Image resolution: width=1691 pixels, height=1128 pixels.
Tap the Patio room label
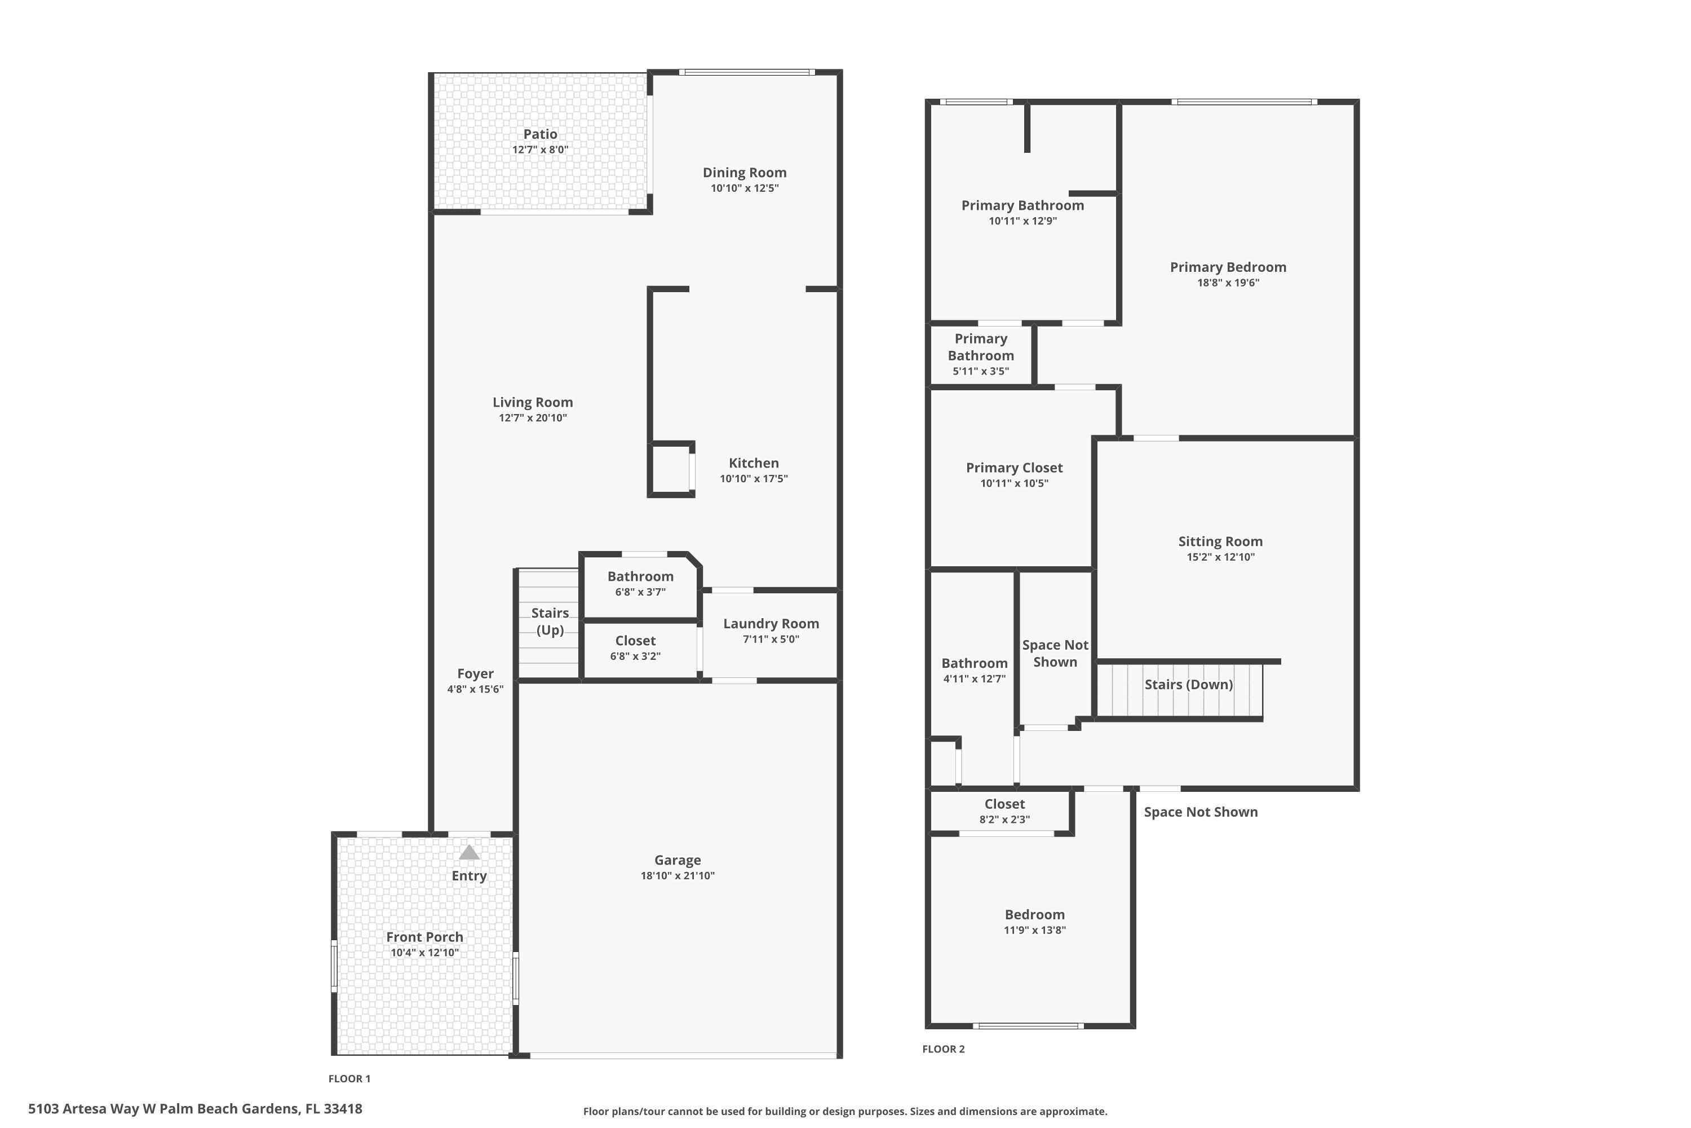click(540, 134)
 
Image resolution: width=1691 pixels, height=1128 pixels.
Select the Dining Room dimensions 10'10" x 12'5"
click(744, 188)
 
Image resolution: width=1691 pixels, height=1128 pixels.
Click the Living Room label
click(533, 402)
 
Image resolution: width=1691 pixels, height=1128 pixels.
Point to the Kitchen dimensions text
click(754, 478)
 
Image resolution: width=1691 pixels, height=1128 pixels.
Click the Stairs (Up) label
click(550, 622)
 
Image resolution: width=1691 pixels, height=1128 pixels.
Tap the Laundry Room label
click(771, 624)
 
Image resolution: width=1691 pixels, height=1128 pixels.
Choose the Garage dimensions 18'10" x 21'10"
click(678, 875)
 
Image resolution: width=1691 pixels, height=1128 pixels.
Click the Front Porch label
click(424, 937)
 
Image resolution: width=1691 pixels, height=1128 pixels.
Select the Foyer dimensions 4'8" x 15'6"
click(475, 689)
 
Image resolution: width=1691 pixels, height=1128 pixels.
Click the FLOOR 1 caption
click(349, 1078)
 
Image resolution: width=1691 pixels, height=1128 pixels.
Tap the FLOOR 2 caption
click(943, 1049)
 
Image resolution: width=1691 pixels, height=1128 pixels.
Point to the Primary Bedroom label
click(1228, 267)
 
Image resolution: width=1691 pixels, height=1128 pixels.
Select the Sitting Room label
click(1220, 541)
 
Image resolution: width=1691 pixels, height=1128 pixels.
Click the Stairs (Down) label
click(1188, 684)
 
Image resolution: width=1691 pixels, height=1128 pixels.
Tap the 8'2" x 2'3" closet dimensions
click(1004, 819)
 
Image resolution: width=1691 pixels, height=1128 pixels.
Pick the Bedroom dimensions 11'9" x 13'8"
click(1034, 930)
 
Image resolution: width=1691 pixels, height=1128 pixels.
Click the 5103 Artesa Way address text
click(195, 1109)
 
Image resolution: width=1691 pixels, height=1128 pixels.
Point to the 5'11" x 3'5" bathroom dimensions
click(981, 371)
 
